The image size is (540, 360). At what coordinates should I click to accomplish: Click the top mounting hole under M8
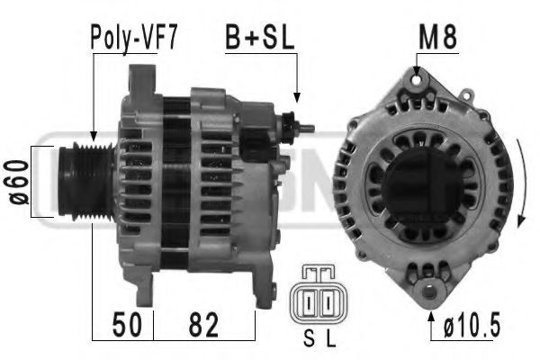(x=418, y=81)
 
